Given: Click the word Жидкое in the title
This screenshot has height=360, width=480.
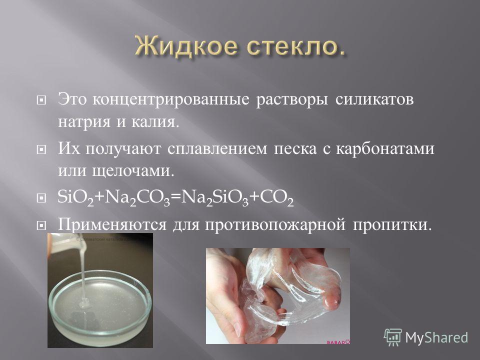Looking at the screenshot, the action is pyautogui.click(x=185, y=46).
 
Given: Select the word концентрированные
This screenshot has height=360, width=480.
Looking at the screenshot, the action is pyautogui.click(x=171, y=100).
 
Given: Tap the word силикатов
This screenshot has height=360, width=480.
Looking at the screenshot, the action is pyautogui.click(x=374, y=99).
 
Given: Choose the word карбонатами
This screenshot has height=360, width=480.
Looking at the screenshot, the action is pyautogui.click(x=385, y=149).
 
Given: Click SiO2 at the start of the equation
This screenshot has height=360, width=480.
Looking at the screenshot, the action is pyautogui.click(x=75, y=197).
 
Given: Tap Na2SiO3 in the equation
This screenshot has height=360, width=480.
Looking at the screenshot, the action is pyautogui.click(x=215, y=198).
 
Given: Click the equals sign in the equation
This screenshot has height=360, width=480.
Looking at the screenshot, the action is pyautogui.click(x=175, y=198).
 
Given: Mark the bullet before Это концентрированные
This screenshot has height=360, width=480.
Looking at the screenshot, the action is pyautogui.click(x=41, y=100).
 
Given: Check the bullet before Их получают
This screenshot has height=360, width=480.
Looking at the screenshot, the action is pyautogui.click(x=41, y=149).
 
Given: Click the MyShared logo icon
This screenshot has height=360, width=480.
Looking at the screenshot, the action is pyautogui.click(x=393, y=337).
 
